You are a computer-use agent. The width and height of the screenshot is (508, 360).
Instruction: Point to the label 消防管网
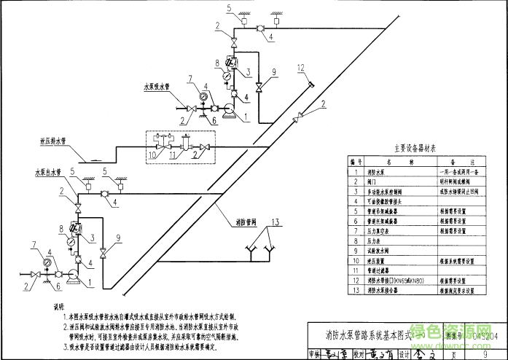[246, 221]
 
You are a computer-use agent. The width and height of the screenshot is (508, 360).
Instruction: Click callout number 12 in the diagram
[300, 68]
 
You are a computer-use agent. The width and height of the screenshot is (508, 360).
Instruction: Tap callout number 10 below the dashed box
[152, 155]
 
